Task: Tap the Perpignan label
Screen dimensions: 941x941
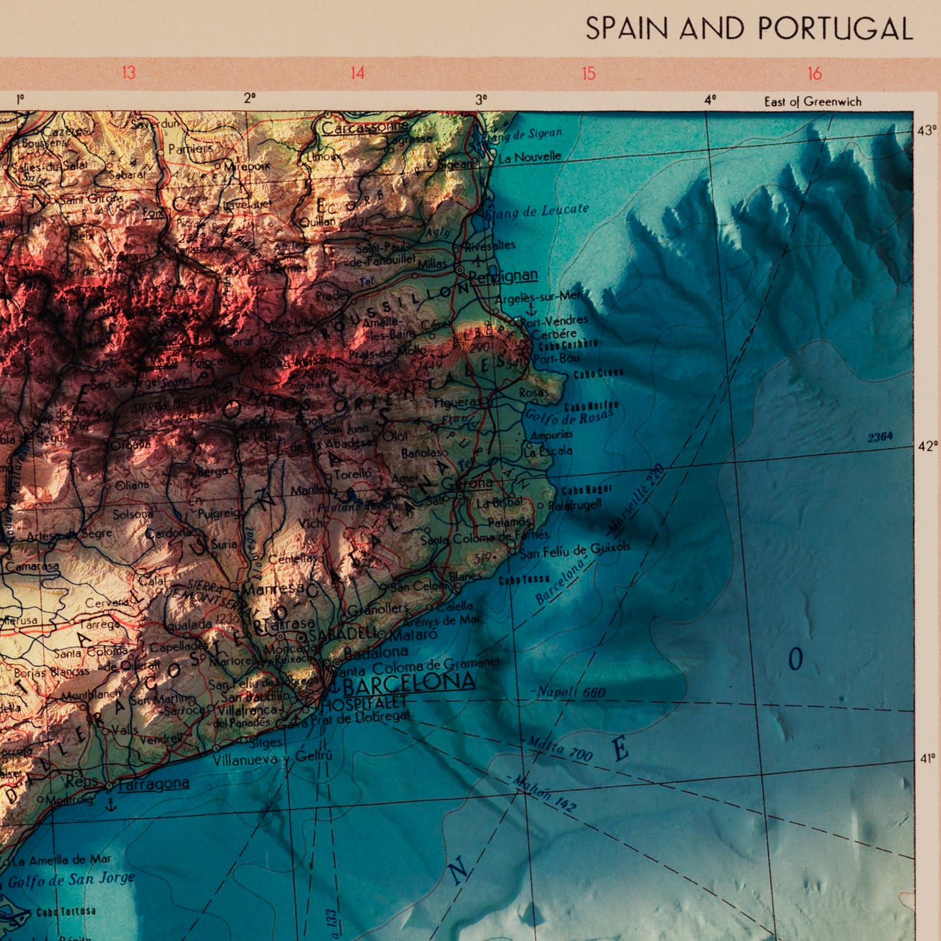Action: click(503, 275)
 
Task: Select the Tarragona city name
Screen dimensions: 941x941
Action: click(154, 783)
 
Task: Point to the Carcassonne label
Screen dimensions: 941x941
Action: click(365, 128)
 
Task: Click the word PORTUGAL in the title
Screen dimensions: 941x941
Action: click(836, 29)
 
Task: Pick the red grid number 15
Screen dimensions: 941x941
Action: click(589, 74)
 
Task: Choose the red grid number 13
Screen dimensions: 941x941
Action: click(128, 72)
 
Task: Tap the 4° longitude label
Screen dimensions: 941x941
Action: click(710, 100)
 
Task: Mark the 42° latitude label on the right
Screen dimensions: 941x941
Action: click(927, 446)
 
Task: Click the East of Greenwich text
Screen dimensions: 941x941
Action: click(813, 102)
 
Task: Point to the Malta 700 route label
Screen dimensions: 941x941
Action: click(559, 748)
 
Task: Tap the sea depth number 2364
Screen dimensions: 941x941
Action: click(880, 437)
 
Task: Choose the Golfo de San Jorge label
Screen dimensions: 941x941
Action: click(72, 880)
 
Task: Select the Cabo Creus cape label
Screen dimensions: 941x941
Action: click(598, 374)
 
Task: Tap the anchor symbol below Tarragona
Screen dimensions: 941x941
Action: click(111, 805)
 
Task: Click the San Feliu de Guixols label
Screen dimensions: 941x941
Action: click(575, 550)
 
